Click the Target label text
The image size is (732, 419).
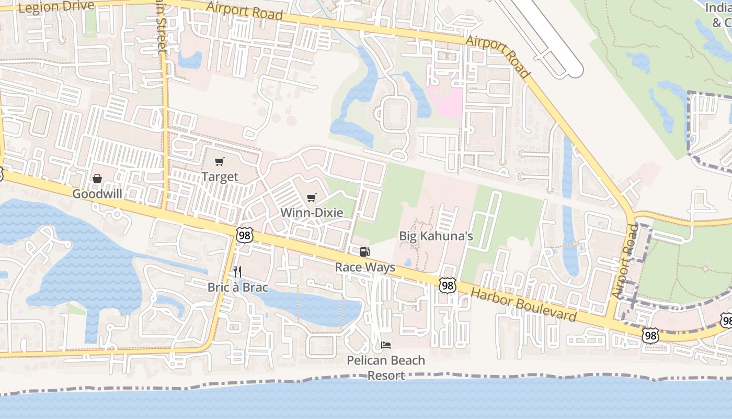coord(220,177)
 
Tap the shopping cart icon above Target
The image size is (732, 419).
coord(220,162)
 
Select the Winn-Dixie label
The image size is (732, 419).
coord(312,213)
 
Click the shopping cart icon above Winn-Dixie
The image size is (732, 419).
coord(312,197)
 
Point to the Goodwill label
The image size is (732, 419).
coord(97,194)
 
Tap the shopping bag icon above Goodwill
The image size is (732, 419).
coord(97,179)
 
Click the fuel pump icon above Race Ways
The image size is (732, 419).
coord(364,252)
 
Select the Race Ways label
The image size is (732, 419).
coord(365,267)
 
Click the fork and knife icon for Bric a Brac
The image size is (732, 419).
coord(237,272)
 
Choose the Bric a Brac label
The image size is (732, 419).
coord(237,287)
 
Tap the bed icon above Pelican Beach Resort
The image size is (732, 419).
coord(386,345)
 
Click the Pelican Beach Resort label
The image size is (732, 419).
coord(386,368)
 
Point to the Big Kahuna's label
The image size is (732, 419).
coord(436,236)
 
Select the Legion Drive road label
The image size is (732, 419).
coord(56,7)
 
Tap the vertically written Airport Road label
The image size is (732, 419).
coord(625,262)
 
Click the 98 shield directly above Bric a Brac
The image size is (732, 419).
coord(244,235)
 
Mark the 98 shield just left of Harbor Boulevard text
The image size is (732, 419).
coord(447,285)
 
